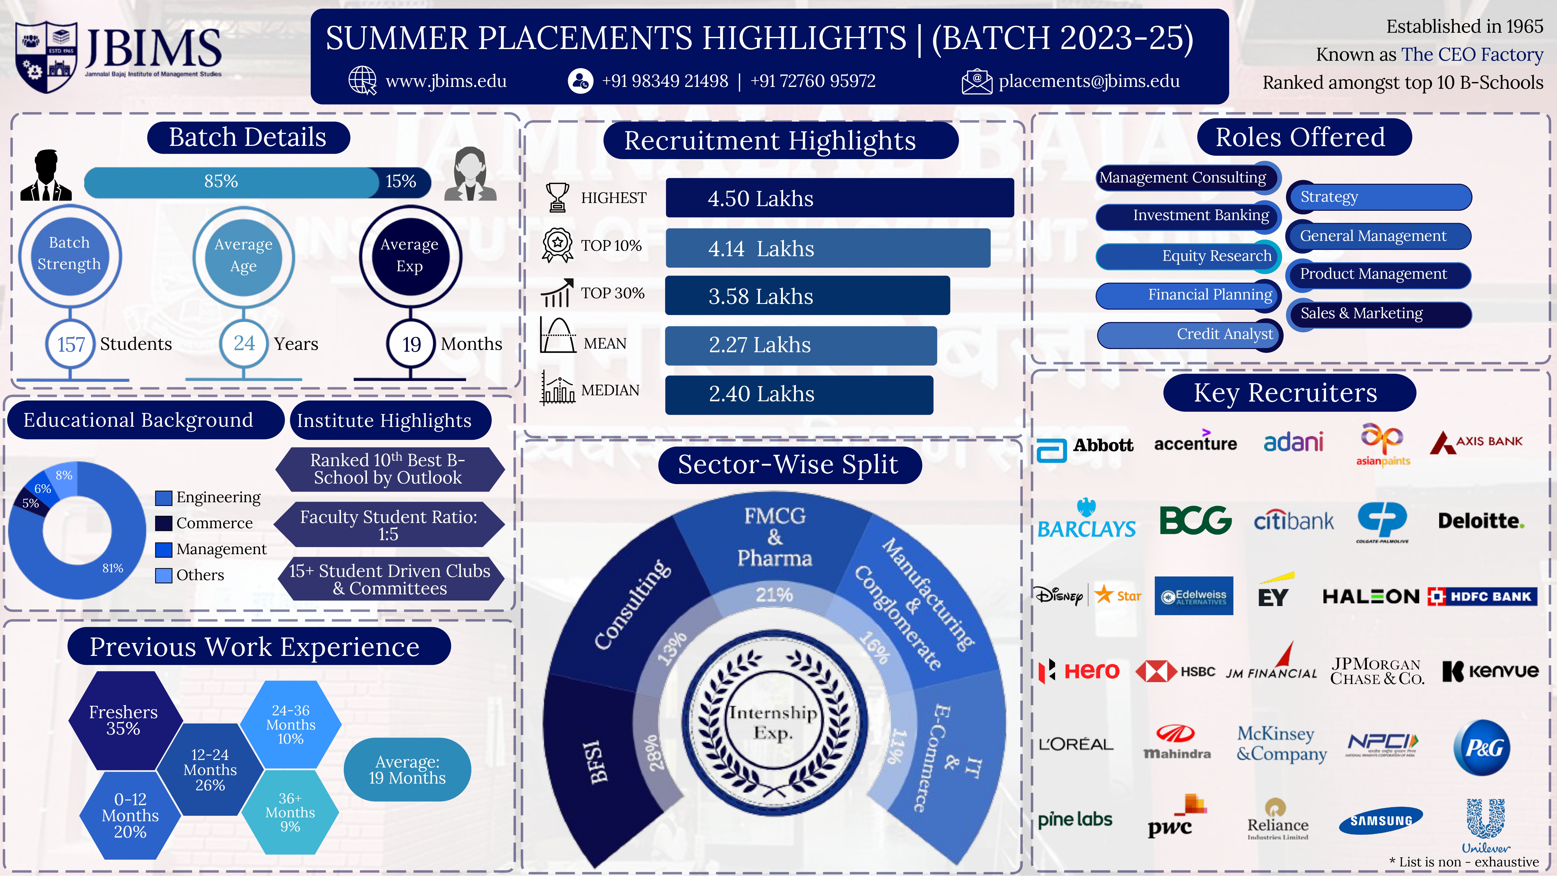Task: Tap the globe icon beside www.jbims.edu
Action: tap(363, 80)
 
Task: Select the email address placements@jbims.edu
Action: tap(1089, 81)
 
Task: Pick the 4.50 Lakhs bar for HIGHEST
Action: tap(839, 198)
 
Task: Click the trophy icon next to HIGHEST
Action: tap(557, 197)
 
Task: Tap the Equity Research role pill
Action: tap(1188, 256)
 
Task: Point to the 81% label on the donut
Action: tap(112, 568)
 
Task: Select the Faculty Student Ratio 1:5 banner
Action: tap(389, 525)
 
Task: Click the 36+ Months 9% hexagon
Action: tap(290, 812)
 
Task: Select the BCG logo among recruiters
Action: tap(1195, 520)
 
